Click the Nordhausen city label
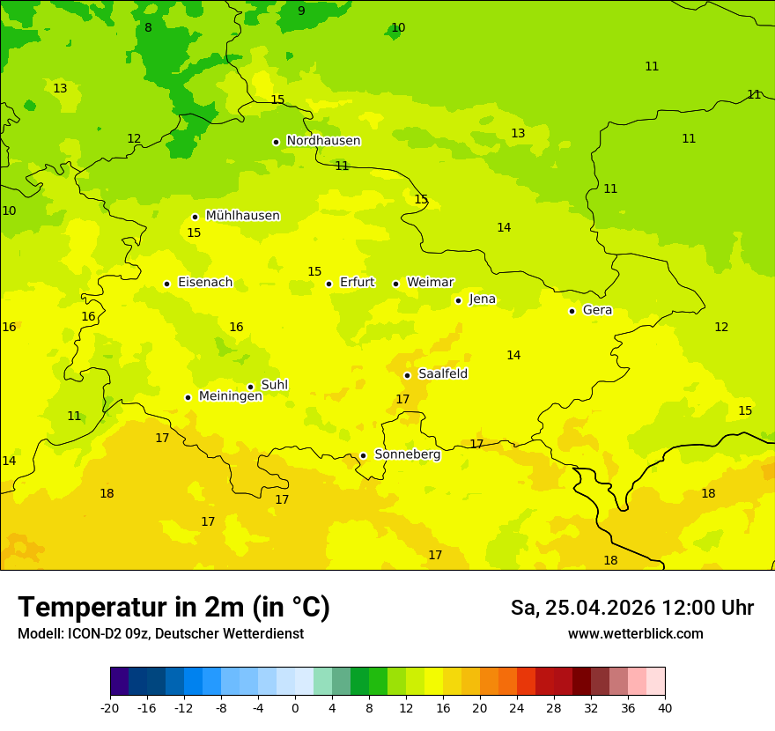click(323, 141)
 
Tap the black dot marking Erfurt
click(328, 284)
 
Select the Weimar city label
click(430, 283)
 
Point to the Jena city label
click(482, 299)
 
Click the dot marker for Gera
click(572, 311)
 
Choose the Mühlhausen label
click(242, 216)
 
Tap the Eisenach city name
click(205, 283)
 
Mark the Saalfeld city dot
click(407, 375)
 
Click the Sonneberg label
click(407, 455)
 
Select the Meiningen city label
click(230, 396)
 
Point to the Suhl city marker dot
click(250, 387)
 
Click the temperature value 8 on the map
click(148, 28)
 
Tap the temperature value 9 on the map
click(301, 11)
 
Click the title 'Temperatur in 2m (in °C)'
click(173, 608)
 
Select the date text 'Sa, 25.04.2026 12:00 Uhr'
click(631, 609)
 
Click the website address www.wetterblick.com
click(635, 634)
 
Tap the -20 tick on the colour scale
click(110, 708)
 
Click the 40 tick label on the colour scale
click(665, 708)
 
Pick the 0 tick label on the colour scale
click(295, 708)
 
